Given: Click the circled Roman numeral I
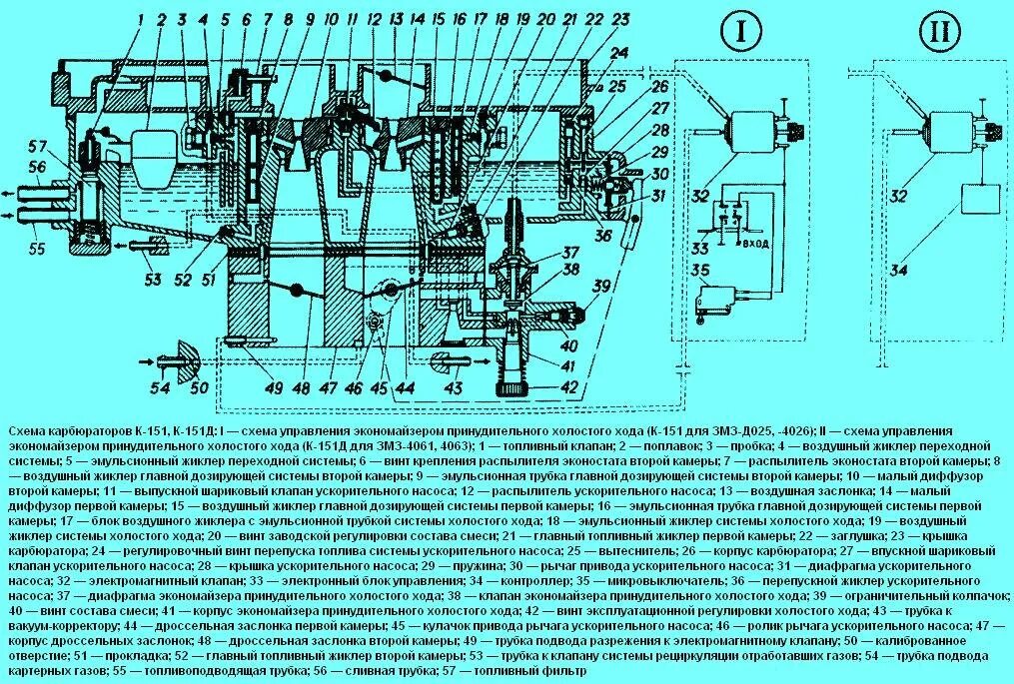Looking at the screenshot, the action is click(x=740, y=34).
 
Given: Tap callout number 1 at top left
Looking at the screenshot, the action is click(x=141, y=19).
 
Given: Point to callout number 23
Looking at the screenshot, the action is click(x=620, y=19).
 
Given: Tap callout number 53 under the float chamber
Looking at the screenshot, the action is click(x=152, y=280).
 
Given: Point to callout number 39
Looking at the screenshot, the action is click(x=601, y=288).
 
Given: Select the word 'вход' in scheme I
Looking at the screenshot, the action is click(x=757, y=244).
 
